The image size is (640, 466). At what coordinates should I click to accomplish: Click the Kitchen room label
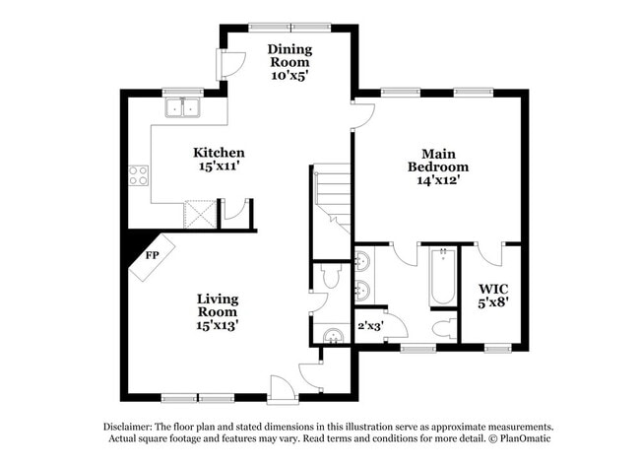(219, 160)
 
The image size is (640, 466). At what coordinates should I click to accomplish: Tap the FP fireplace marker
(153, 255)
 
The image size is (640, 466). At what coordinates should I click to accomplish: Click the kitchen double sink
(183, 107)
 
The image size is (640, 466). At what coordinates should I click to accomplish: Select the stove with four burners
(138, 176)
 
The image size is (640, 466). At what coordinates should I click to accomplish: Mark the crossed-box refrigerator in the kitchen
(200, 214)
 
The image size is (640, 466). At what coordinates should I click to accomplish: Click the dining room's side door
(228, 65)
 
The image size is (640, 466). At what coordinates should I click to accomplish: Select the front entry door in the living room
(283, 387)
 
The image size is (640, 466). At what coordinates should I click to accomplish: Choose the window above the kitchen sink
(183, 92)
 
